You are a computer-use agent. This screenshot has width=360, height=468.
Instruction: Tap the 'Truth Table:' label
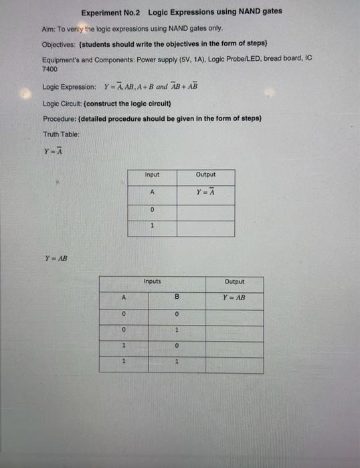click(62, 134)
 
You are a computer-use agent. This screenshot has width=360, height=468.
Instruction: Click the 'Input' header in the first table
click(152, 175)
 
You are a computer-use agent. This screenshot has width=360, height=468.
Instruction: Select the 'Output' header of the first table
click(205, 175)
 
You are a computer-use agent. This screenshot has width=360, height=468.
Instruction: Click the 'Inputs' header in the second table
click(152, 281)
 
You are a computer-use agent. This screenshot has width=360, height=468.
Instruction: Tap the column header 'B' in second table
click(177, 298)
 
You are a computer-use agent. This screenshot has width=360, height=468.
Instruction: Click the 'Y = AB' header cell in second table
click(234, 298)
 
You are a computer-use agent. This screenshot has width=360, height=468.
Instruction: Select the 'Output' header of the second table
click(234, 281)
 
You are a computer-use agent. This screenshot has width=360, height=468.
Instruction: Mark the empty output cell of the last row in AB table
click(234, 364)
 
